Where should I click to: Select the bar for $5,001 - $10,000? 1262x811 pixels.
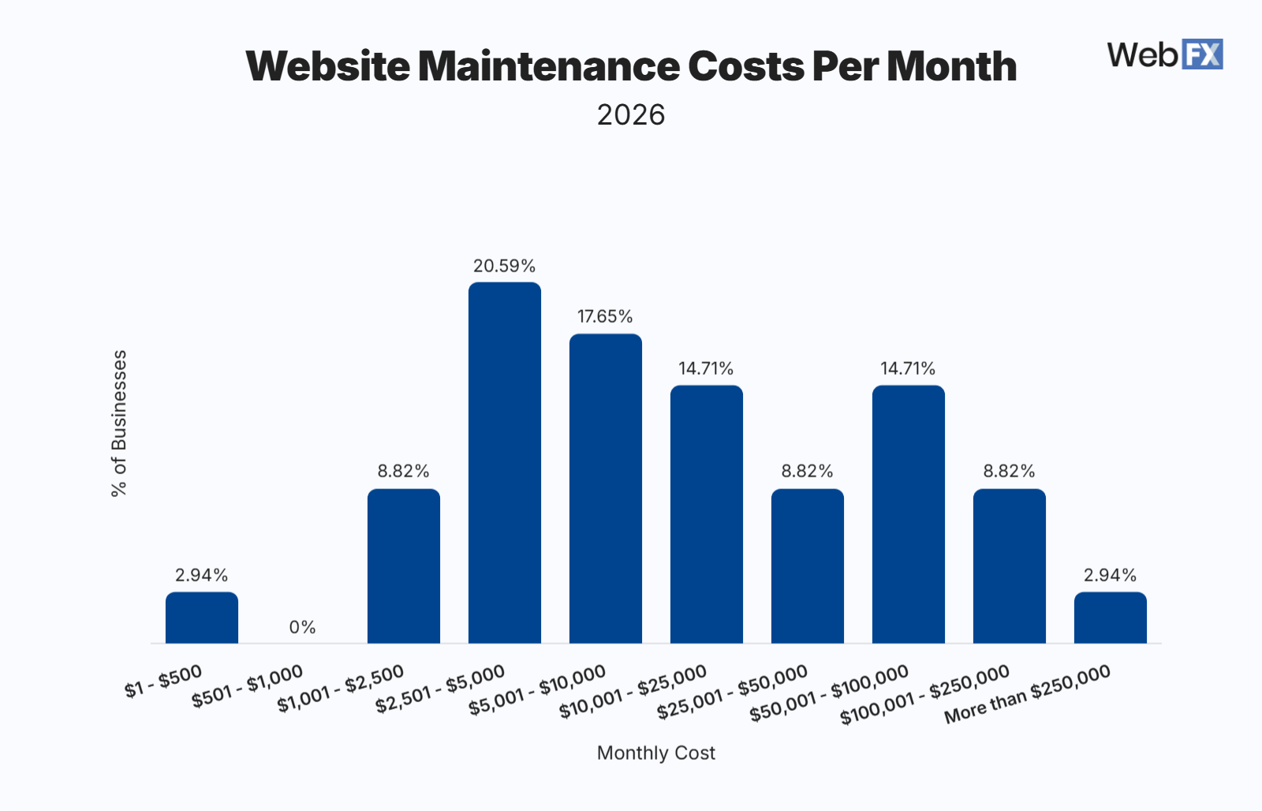[x=606, y=488]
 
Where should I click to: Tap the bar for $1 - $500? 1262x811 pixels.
[x=202, y=618]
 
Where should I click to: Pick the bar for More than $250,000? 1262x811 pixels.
[x=1111, y=618]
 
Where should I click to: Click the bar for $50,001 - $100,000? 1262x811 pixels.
[x=909, y=514]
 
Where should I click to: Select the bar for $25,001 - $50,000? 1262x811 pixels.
[x=808, y=566]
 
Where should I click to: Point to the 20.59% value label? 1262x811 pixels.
[x=504, y=266]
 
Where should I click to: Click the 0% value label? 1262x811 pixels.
[x=302, y=627]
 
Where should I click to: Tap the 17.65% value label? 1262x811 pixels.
[x=605, y=316]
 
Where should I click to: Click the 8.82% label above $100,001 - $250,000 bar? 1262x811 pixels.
[x=1009, y=471]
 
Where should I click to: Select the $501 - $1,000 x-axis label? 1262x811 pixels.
[x=248, y=686]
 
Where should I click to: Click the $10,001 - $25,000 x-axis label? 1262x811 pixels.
[x=633, y=691]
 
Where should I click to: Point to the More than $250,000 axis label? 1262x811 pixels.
[x=1027, y=693]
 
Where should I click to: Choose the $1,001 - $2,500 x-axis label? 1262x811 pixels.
[x=341, y=688]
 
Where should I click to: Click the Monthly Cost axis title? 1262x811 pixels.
[x=655, y=753]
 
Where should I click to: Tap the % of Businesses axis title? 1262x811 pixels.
[x=119, y=423]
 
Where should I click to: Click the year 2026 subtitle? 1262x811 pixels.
[x=631, y=115]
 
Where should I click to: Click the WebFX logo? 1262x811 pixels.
[x=1164, y=54]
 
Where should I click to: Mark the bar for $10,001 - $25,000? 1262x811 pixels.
[x=707, y=514]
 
